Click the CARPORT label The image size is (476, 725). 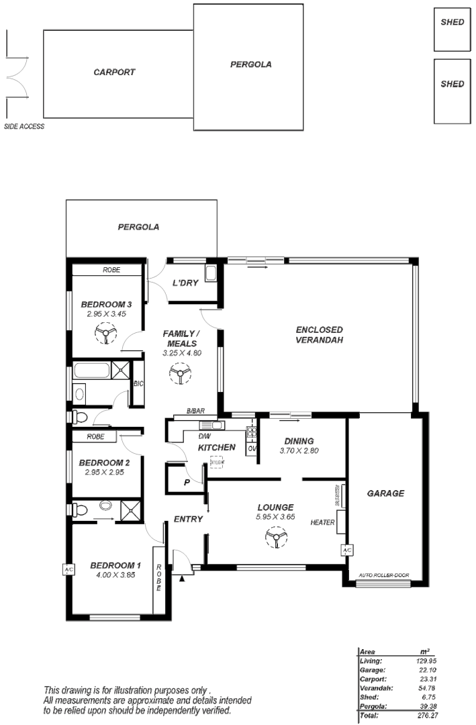click(114, 72)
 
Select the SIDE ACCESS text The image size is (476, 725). click(24, 126)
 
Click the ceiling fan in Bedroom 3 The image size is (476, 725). click(105, 332)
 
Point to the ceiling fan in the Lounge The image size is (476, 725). click(275, 537)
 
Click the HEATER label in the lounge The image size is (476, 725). click(322, 522)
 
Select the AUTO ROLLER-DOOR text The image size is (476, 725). click(383, 575)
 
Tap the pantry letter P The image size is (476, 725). click(187, 482)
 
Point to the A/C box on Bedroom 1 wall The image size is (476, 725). click(68, 570)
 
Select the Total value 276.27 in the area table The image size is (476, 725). click(428, 716)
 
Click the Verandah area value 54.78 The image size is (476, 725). click(428, 687)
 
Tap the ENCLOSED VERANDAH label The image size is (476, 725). click(320, 335)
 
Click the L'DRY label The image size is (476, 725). click(185, 283)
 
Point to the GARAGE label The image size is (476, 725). click(385, 493)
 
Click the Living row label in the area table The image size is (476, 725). click(371, 661)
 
